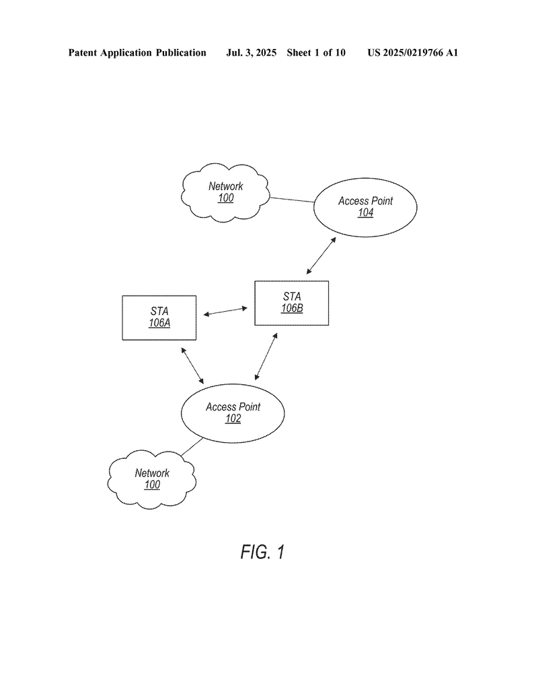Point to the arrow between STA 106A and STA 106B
[225, 311]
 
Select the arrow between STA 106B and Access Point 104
[321, 256]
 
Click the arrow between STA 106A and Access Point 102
[192, 365]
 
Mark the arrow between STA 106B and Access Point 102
[266, 356]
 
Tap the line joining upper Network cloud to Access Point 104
[292, 200]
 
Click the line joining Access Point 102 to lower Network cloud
[192, 447]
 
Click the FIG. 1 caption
[262, 552]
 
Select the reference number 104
[365, 213]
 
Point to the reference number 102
[233, 419]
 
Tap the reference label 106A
[159, 323]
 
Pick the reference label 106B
[292, 308]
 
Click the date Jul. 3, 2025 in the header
[251, 52]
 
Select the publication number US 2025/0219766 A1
[413, 52]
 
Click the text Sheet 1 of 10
[316, 52]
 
